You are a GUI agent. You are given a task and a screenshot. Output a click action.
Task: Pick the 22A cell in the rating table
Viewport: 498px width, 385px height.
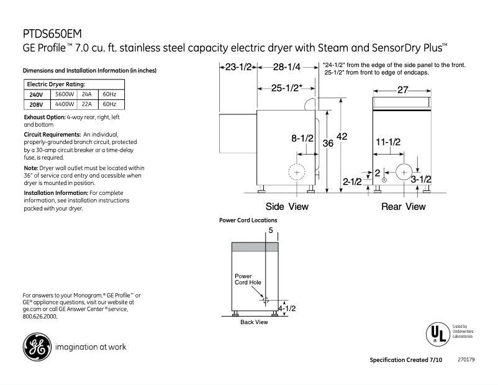point(87,104)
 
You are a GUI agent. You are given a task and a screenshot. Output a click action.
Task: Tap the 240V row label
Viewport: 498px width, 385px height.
point(37,94)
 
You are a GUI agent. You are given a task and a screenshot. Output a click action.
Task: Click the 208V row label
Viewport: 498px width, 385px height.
point(37,104)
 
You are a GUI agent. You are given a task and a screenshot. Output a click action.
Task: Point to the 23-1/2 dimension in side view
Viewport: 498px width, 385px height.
point(238,67)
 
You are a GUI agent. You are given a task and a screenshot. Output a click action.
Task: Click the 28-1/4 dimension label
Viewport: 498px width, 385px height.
point(286,67)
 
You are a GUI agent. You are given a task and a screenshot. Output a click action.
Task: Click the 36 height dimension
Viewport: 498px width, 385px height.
point(328,143)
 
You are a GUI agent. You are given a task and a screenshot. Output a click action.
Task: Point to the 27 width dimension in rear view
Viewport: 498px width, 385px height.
point(402,90)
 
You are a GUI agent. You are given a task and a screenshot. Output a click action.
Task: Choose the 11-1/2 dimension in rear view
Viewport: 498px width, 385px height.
point(388,142)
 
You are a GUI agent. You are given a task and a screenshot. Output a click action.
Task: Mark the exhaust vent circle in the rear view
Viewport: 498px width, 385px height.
point(404,173)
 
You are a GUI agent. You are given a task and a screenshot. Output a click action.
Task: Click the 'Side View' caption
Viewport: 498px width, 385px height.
point(287,207)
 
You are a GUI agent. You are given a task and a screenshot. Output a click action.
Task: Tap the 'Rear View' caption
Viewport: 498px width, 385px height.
point(403,207)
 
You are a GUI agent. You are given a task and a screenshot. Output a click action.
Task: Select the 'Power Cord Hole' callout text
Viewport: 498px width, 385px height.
point(247,279)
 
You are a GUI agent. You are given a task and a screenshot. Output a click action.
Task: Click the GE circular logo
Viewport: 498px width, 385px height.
point(36,346)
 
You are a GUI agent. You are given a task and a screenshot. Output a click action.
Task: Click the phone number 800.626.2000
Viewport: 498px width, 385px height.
point(40,316)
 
